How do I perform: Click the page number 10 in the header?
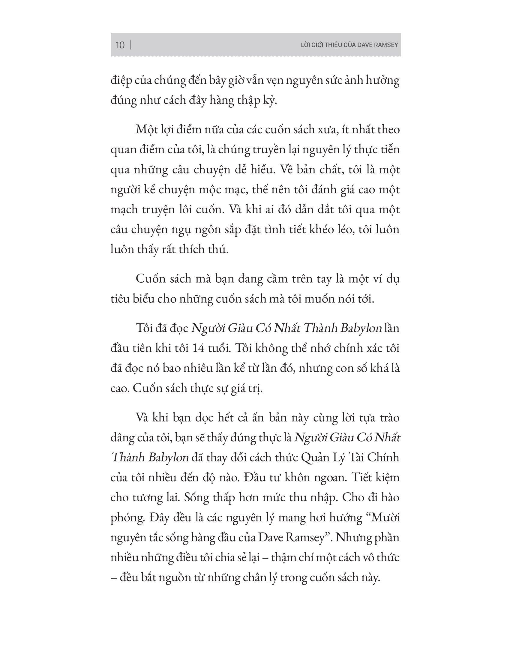coord(120,45)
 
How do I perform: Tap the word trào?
coord(388,418)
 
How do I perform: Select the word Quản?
coord(314,458)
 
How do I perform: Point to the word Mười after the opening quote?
coord(385,518)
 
